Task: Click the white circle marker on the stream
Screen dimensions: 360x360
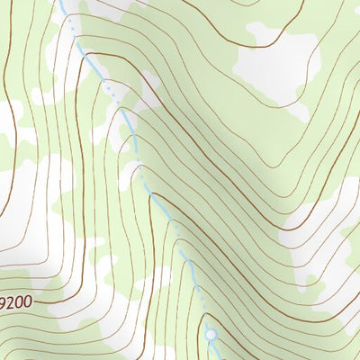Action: pos(211,335)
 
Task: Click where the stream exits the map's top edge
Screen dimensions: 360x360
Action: pos(61,2)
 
